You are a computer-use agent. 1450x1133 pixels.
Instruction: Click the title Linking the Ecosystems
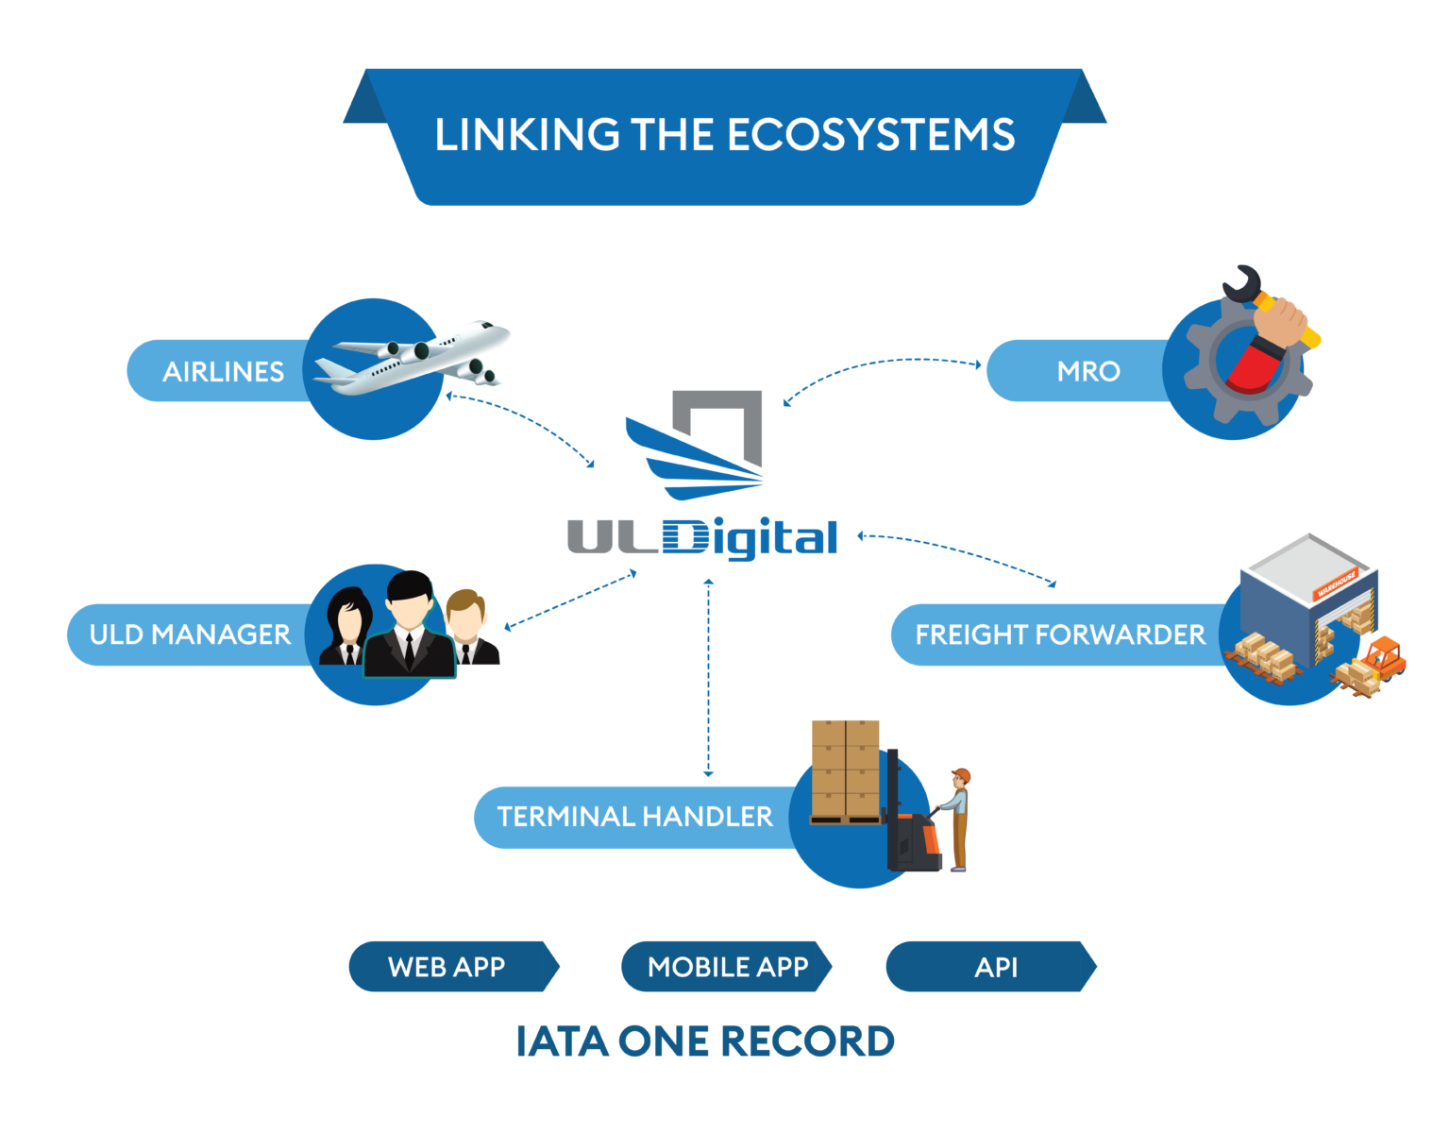pos(724,135)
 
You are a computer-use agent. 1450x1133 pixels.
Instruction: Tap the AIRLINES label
pos(223,372)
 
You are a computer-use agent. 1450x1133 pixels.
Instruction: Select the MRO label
pos(1087,371)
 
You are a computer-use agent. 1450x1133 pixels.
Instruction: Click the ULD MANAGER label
pos(190,634)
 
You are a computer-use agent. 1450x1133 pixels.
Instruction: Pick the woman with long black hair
pos(348,628)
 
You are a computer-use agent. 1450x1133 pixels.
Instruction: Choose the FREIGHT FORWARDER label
pos(1059,634)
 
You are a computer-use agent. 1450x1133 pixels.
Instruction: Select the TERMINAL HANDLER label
pos(634,817)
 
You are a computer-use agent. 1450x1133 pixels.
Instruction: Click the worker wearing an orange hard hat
pos(957,818)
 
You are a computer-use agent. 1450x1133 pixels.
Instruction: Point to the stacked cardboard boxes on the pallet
pos(846,769)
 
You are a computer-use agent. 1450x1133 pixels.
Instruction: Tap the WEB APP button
pos(447,967)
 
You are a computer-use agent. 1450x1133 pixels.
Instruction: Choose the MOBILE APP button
pos(727,967)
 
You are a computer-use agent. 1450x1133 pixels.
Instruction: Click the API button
pos(995,967)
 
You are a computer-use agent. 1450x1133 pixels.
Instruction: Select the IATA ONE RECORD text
pos(705,1041)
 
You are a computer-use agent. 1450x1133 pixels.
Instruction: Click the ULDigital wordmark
pos(702,538)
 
